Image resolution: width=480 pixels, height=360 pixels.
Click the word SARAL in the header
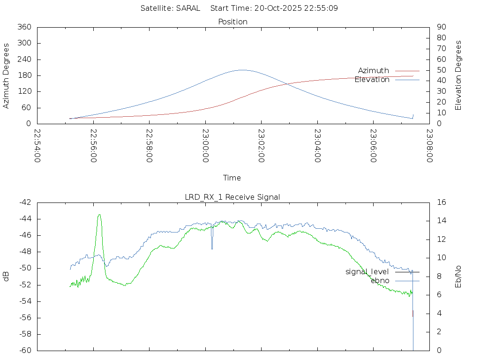[x=188, y=8]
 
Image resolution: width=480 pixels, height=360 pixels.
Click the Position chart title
[x=232, y=22]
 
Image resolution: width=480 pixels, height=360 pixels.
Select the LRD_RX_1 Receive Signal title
[x=232, y=197]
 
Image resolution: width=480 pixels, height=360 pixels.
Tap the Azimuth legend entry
[x=374, y=70]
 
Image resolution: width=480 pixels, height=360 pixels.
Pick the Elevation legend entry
[x=372, y=80]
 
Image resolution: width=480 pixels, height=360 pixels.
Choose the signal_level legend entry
[x=367, y=271]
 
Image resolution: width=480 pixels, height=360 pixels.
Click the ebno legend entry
[x=380, y=280]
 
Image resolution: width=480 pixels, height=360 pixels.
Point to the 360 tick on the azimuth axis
[x=24, y=27]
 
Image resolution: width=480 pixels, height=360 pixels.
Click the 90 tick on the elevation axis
[x=441, y=27]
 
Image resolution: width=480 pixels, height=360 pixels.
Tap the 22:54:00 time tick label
[x=37, y=146]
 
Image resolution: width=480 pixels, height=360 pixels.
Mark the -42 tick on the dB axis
[x=24, y=202]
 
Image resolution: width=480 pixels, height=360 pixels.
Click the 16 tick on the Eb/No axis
[x=441, y=202]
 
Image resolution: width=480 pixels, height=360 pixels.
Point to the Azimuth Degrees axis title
[x=7, y=75]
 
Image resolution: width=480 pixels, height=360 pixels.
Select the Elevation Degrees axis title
[x=458, y=75]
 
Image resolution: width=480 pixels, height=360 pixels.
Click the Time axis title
[x=232, y=178]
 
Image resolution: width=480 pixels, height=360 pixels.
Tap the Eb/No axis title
[x=458, y=276]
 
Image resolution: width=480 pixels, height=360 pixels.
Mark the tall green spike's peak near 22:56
[x=99, y=215]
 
